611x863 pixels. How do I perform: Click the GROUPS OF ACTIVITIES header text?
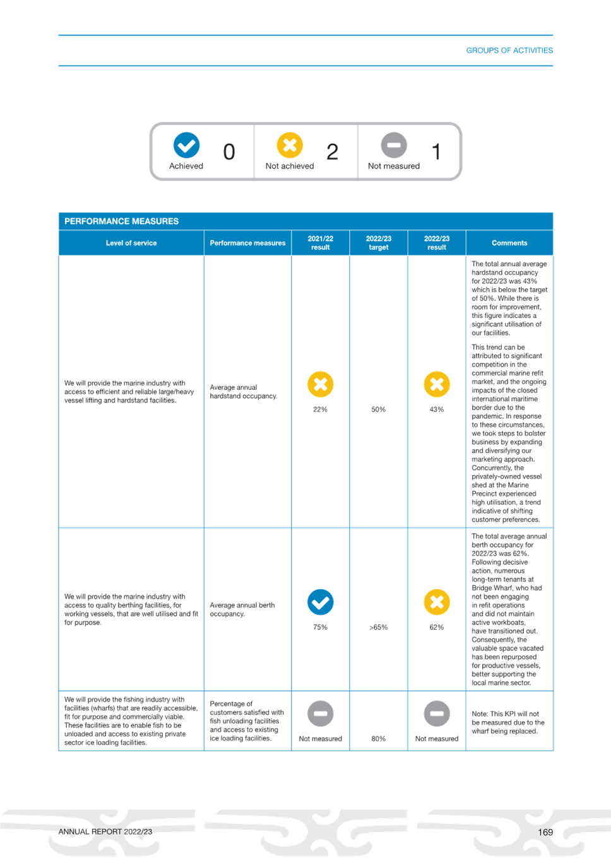click(x=509, y=50)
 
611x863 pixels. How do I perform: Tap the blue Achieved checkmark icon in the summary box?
click(x=187, y=145)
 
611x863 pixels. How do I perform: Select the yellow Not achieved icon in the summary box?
click(x=290, y=145)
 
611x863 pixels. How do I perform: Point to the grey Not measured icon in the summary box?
click(x=394, y=145)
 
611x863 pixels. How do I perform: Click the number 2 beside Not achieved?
click(x=332, y=152)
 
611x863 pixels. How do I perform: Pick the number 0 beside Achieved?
click(x=229, y=152)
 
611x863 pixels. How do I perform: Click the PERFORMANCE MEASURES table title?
click(x=121, y=221)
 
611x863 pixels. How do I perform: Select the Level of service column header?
click(x=131, y=243)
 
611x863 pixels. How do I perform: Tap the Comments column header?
click(x=509, y=243)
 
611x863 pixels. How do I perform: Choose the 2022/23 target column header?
click(x=379, y=243)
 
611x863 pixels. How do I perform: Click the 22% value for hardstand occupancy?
click(x=321, y=409)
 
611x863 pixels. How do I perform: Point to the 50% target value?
click(x=379, y=409)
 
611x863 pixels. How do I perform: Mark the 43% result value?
click(x=437, y=409)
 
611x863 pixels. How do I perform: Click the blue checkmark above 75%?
click(x=321, y=602)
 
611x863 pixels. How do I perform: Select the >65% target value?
click(x=379, y=627)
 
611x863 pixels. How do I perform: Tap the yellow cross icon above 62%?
click(x=437, y=602)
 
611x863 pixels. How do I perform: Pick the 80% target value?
click(x=379, y=739)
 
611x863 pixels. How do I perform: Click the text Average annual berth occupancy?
click(x=242, y=609)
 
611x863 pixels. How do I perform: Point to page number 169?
click(x=545, y=832)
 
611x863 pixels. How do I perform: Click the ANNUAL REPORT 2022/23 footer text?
click(x=105, y=832)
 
